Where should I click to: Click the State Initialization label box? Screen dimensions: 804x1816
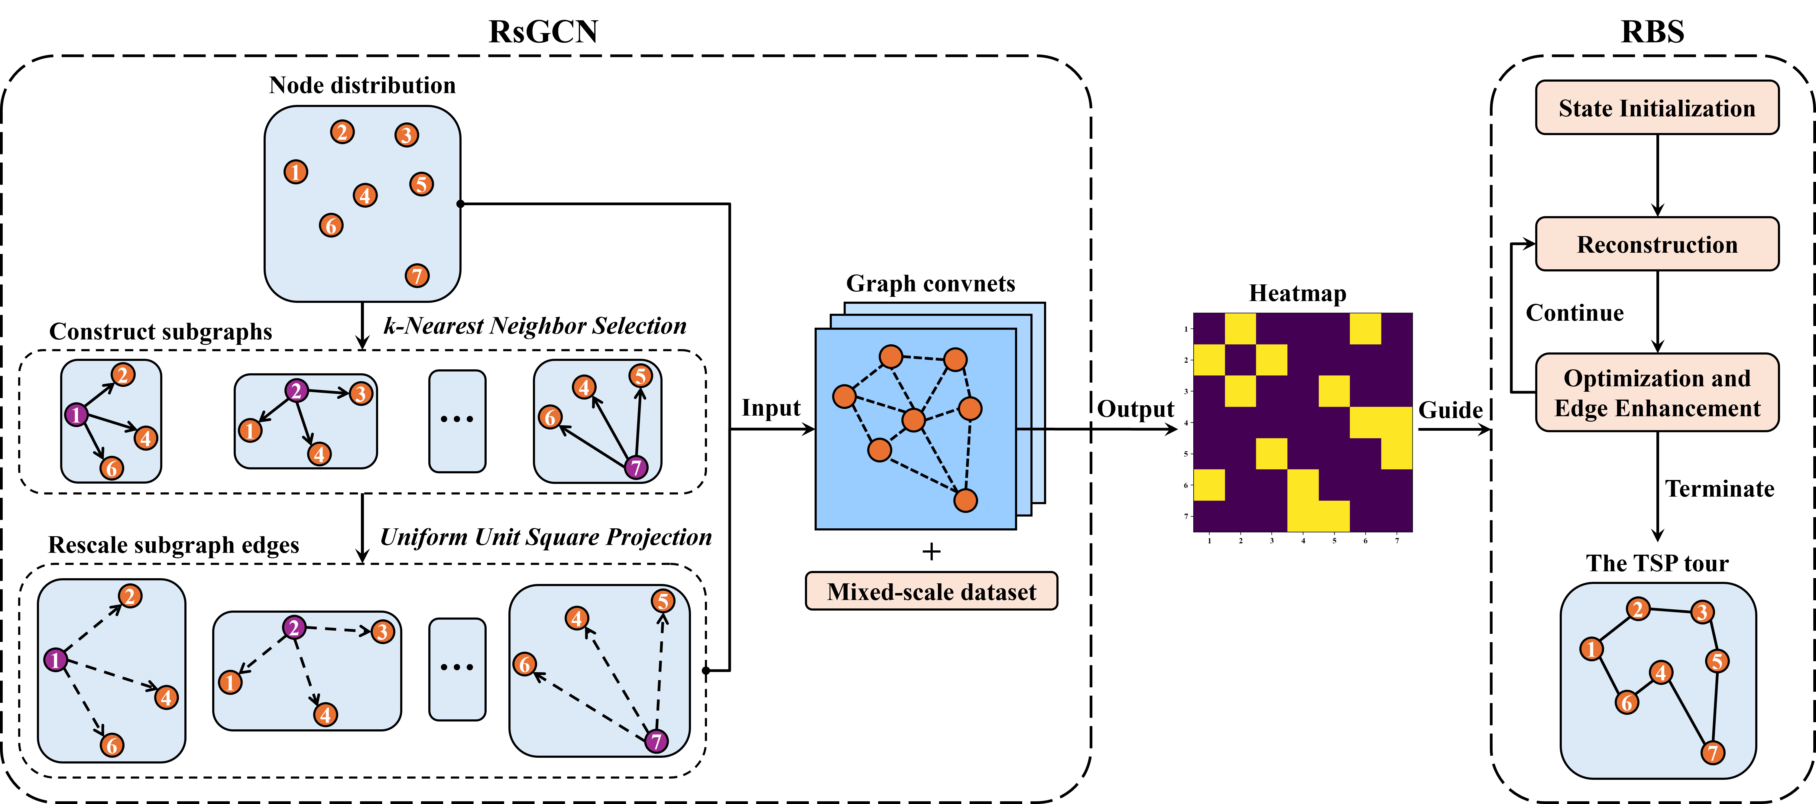pyautogui.click(x=1657, y=108)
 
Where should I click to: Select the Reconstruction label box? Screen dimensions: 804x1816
pyautogui.click(x=1657, y=244)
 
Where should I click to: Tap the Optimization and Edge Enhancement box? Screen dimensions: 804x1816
pyautogui.click(x=1657, y=393)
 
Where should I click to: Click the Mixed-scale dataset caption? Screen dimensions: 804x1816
pyautogui.click(x=931, y=591)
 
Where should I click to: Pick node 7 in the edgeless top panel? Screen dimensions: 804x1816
pyautogui.click(x=417, y=276)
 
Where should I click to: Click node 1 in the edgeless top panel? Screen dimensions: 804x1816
pyautogui.click(x=295, y=171)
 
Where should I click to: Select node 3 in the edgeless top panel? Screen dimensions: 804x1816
pyautogui.click(x=406, y=135)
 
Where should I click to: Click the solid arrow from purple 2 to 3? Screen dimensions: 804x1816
pyautogui.click(x=329, y=392)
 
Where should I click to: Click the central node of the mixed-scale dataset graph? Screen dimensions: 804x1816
pyautogui.click(x=914, y=420)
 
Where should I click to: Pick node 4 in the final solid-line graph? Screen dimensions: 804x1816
pyautogui.click(x=1661, y=672)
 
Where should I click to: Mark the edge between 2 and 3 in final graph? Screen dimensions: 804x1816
pyautogui.click(x=1670, y=610)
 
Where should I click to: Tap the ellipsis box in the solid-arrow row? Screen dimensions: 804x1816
pyautogui.click(x=457, y=421)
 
